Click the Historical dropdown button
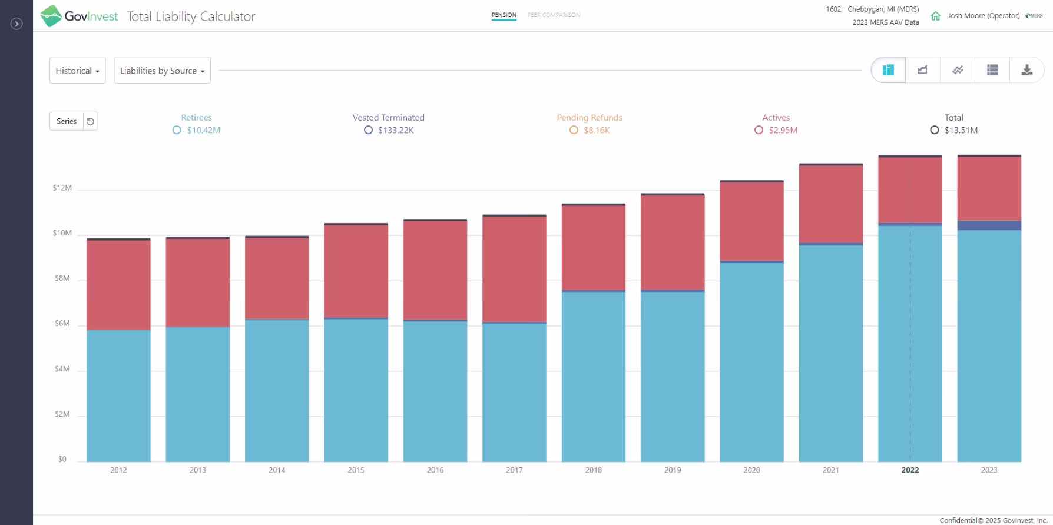(x=77, y=71)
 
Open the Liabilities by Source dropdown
(x=162, y=71)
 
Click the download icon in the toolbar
(x=1026, y=70)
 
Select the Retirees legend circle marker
(x=177, y=130)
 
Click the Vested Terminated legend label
(x=388, y=118)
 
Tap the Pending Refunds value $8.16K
(x=597, y=130)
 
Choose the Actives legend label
(x=776, y=118)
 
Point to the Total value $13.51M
(x=961, y=130)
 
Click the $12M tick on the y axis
(x=62, y=188)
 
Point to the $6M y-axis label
(x=62, y=324)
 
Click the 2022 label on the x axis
(x=910, y=470)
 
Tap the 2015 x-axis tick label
(x=356, y=470)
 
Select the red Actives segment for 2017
(x=514, y=269)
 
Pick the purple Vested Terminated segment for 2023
(x=989, y=225)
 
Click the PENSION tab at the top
(x=504, y=15)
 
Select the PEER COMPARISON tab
(x=554, y=15)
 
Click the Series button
(x=67, y=121)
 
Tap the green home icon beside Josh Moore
(x=935, y=16)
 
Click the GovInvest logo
(x=79, y=16)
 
